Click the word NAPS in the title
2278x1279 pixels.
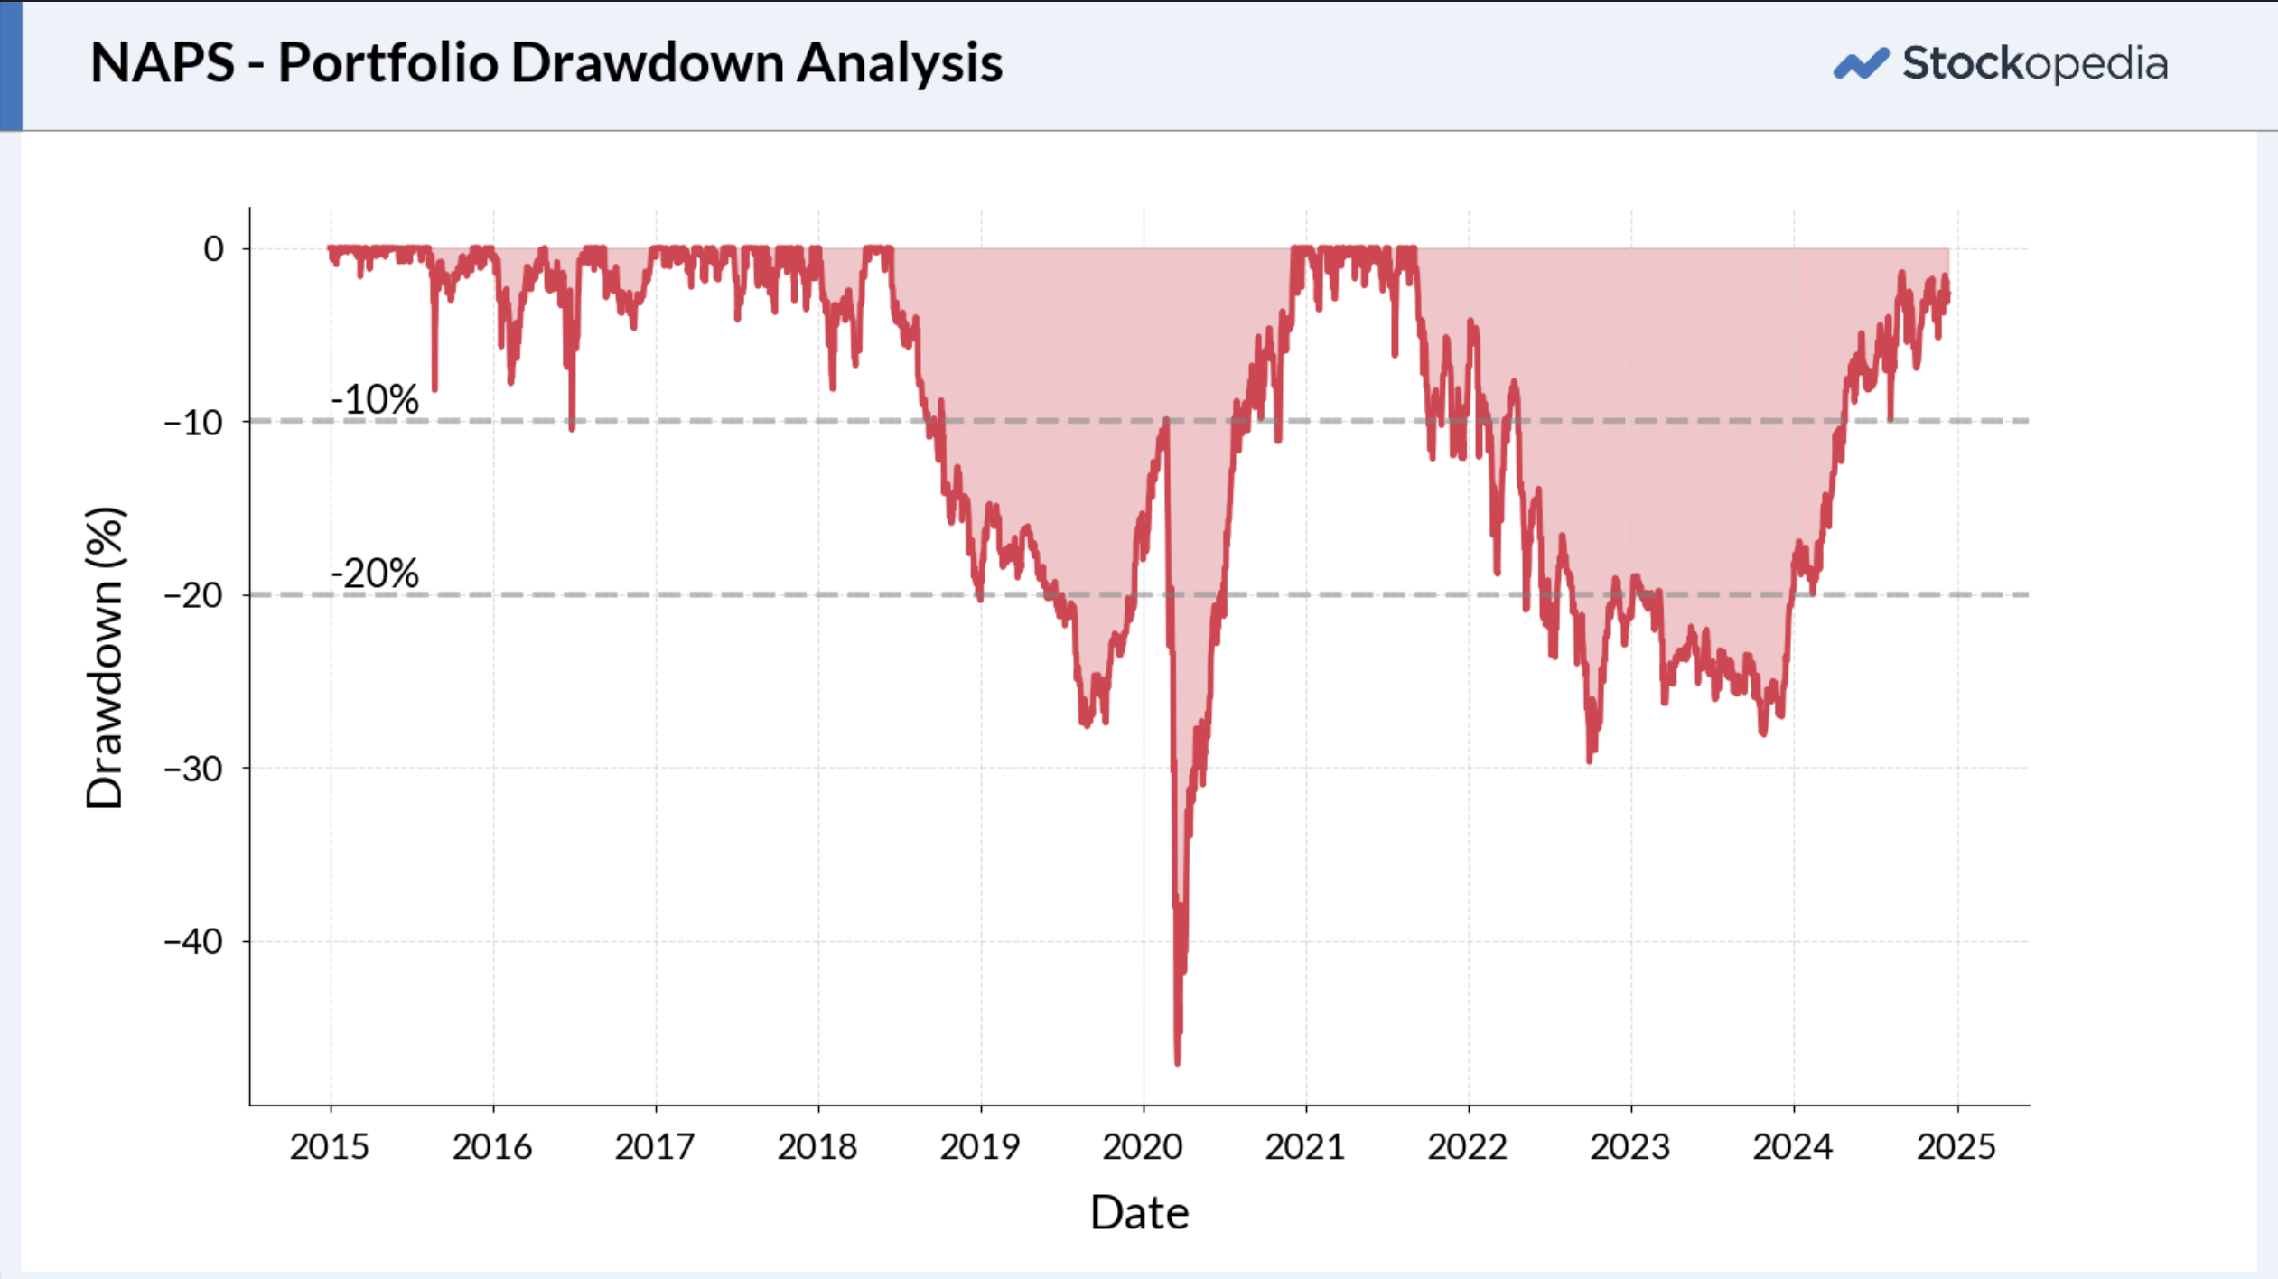coord(163,63)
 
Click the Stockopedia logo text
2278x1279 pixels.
coord(2035,64)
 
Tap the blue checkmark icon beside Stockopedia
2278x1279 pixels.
coord(1861,64)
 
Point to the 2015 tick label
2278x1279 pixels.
coord(330,1147)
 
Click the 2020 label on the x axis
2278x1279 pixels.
coord(1143,1147)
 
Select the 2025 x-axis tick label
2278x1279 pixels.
coord(1956,1147)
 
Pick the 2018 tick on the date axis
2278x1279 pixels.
coord(817,1147)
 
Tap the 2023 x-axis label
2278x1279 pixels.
coord(1630,1147)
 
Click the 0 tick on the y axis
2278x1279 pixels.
coord(213,248)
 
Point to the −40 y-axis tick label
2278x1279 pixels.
coord(193,941)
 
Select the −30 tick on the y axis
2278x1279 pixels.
coord(193,769)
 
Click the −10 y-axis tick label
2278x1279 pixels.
coord(193,422)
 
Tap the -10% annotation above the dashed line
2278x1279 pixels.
coord(375,399)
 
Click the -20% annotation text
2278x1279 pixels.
coord(375,574)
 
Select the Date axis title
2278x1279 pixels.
coord(1139,1212)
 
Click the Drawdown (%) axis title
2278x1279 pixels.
coord(105,658)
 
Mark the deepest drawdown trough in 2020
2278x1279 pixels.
coord(1177,1063)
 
